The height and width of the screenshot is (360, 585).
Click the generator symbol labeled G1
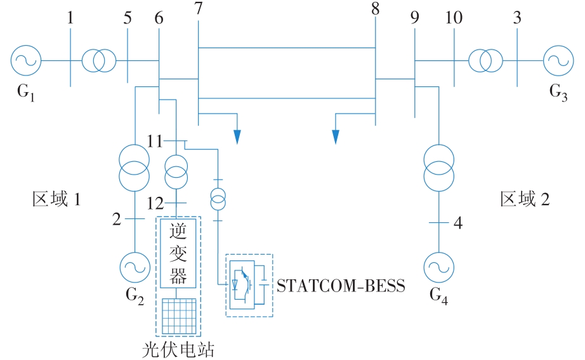tap(26, 61)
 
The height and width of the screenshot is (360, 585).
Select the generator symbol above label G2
tap(135, 265)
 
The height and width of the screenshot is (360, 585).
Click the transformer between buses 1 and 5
tap(98, 61)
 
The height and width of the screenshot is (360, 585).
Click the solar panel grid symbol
tap(178, 316)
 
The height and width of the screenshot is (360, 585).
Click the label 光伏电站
tap(179, 349)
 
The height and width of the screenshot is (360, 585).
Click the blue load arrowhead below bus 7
tap(237, 137)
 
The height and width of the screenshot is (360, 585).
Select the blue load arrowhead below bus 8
tap(336, 137)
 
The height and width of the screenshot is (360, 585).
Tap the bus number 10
tap(454, 18)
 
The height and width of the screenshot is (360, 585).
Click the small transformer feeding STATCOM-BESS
tap(218, 199)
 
